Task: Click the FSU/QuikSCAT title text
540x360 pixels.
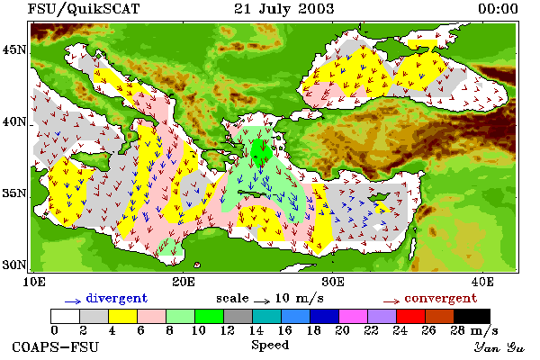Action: click(84, 9)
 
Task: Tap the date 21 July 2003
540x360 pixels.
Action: click(284, 9)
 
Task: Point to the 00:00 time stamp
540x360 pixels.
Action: click(498, 9)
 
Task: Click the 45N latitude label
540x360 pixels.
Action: click(13, 50)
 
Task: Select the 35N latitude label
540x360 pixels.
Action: click(13, 193)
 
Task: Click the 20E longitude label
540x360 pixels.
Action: click(184, 282)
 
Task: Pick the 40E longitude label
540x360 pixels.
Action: click(482, 282)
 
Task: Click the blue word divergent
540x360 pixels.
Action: click(117, 298)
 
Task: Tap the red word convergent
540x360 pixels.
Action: click(441, 298)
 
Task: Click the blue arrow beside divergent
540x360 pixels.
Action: click(73, 301)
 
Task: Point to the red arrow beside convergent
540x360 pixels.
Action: click(391, 301)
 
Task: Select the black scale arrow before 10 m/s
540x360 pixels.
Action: click(262, 301)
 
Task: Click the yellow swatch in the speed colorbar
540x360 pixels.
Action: click(122, 316)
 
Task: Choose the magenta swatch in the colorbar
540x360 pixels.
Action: click(353, 316)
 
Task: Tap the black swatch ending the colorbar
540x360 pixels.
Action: click(472, 316)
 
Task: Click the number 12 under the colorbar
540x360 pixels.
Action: click(228, 330)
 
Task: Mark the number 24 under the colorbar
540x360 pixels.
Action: click(400, 330)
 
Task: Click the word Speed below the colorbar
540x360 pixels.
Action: click(270, 346)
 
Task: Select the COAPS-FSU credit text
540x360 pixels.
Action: click(56, 346)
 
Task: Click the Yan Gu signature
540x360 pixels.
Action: click(499, 347)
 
